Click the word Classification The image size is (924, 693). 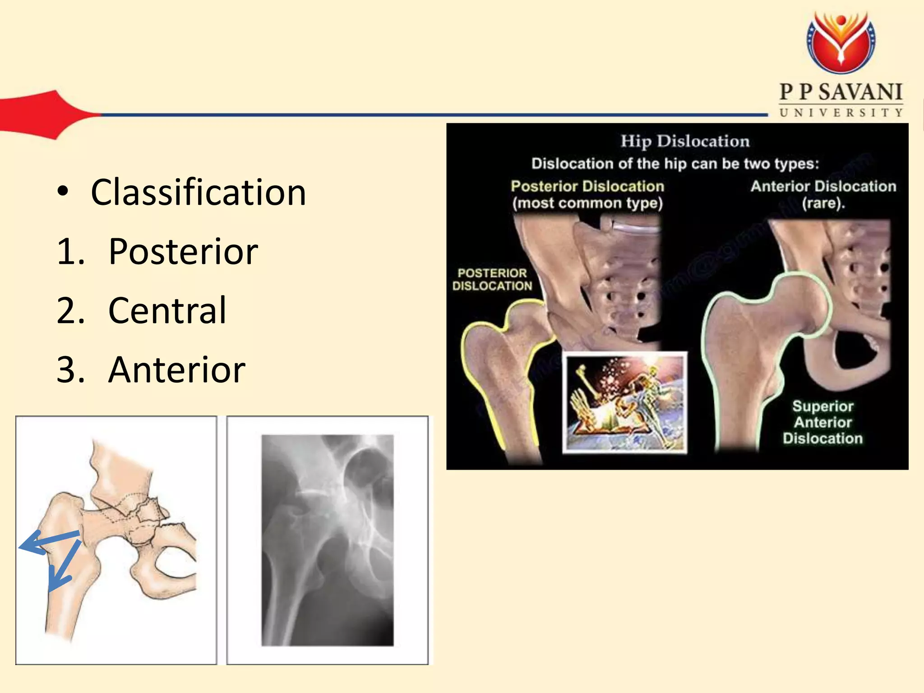[199, 193]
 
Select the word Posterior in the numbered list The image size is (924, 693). [183, 252]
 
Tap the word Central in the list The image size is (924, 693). [167, 311]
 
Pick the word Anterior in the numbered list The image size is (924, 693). [177, 370]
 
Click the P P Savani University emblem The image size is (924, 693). [841, 42]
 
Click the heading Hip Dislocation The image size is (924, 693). [685, 141]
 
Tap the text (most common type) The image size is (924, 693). [587, 203]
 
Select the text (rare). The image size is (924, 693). [823, 203]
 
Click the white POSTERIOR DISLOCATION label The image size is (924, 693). [492, 279]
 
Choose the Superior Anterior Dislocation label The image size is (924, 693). [822, 422]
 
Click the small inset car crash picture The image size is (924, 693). [625, 402]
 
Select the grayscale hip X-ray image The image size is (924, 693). [328, 540]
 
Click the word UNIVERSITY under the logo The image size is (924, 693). [841, 113]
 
